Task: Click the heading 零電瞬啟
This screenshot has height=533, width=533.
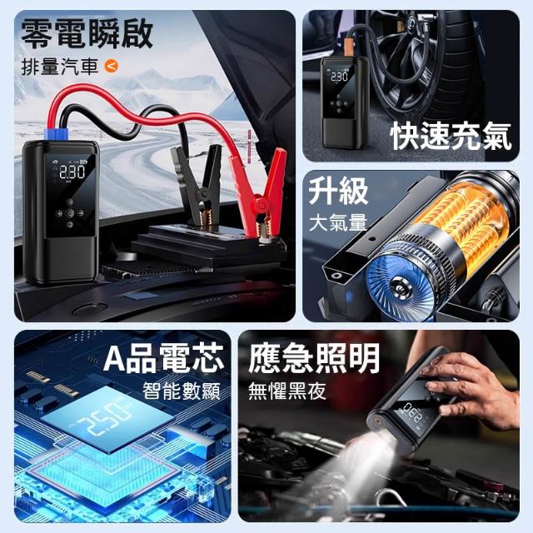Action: [87, 32]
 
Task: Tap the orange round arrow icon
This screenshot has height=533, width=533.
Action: [112, 66]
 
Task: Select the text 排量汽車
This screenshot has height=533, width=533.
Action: [60, 67]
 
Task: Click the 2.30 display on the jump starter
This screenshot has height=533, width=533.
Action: [72, 172]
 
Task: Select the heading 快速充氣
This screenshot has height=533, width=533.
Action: [451, 137]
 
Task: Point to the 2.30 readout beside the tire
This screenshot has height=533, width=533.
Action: [339, 76]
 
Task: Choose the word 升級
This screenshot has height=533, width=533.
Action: [338, 192]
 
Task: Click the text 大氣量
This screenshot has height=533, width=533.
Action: [338, 222]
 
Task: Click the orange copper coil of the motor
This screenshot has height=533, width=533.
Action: [466, 221]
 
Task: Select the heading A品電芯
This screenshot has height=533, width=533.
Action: [164, 358]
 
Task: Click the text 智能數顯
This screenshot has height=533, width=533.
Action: [182, 391]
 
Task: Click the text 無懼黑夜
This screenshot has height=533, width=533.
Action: [286, 391]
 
